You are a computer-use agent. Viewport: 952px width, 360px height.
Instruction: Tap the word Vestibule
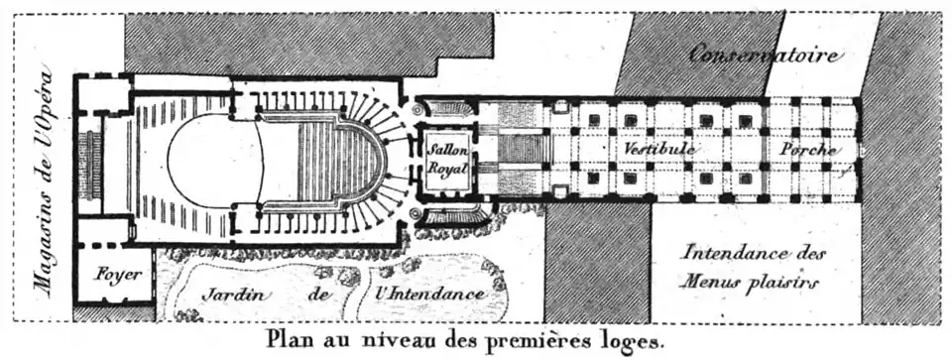coord(658,148)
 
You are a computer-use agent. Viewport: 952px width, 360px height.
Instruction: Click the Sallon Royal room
coord(446,158)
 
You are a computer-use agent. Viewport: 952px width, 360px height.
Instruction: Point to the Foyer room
coord(116,274)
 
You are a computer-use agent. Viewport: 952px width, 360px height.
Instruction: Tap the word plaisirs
coord(786,281)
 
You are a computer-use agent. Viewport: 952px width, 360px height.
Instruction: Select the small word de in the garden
coord(318,295)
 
